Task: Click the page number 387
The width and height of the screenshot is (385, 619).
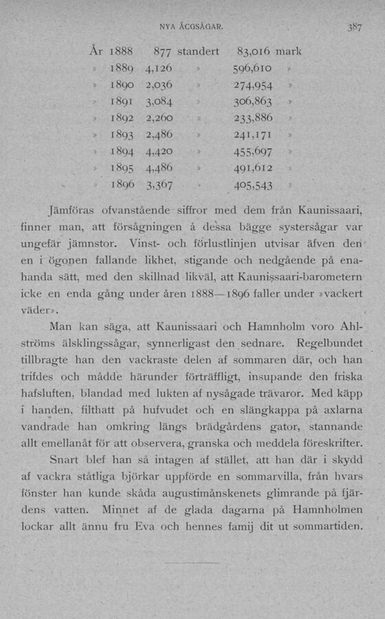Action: [354, 29]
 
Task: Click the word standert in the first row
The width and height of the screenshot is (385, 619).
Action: [199, 52]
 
